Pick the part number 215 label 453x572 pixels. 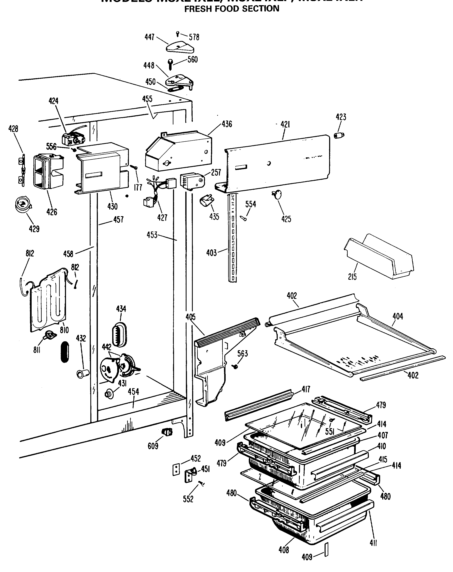(352, 277)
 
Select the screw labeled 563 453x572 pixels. (234, 366)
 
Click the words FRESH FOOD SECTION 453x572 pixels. (231, 9)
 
